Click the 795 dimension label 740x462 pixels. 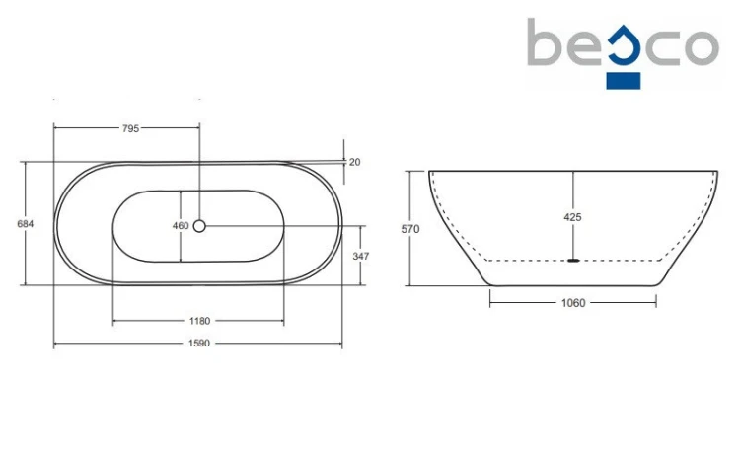[130, 128]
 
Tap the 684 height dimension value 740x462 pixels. [26, 224]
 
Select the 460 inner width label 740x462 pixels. [181, 226]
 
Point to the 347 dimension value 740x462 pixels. [361, 256]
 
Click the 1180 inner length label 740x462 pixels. [199, 321]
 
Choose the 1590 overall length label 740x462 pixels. [199, 344]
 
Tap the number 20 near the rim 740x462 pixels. [355, 162]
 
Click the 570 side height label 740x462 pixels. [410, 229]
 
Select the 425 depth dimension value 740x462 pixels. [572, 217]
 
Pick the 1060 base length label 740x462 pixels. [573, 303]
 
